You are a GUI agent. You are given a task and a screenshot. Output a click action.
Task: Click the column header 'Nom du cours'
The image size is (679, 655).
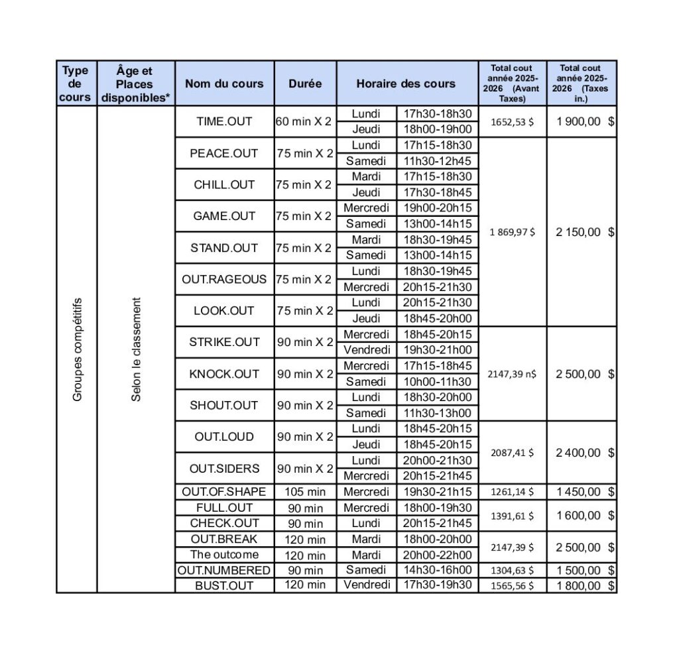224,84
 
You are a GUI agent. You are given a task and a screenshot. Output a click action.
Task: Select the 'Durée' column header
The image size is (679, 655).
305,84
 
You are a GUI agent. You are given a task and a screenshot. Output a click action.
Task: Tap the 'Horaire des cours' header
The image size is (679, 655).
406,84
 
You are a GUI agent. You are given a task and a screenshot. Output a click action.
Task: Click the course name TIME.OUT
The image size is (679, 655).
224,122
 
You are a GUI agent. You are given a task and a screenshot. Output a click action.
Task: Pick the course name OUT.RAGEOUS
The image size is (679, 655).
224,279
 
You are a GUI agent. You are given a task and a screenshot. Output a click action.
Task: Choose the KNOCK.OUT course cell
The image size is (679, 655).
224,374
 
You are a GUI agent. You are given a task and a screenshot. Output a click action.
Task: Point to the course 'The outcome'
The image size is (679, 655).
224,554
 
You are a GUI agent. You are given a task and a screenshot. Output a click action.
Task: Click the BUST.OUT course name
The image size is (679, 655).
224,585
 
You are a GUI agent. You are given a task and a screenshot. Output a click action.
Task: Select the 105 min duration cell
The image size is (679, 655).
305,492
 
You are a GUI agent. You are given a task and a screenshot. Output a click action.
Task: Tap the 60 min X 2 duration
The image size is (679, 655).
304,122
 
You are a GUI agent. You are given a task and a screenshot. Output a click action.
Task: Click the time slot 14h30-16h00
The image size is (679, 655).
438,570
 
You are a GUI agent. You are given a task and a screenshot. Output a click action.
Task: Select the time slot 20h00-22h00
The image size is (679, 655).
438,554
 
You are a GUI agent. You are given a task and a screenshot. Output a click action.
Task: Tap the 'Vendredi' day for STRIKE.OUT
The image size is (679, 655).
367,349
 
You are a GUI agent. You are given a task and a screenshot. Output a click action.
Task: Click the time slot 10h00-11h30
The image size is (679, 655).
438,381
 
